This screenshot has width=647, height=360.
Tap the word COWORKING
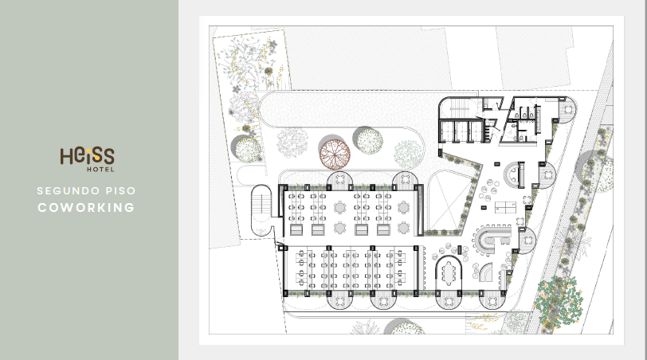[x=86, y=207]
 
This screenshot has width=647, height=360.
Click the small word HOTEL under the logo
[x=100, y=169]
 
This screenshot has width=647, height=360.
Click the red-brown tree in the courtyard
[x=335, y=155]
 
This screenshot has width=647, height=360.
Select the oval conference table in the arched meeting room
[x=449, y=273]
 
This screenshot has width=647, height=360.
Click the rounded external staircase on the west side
[x=261, y=210]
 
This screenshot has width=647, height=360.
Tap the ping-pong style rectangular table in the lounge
[x=505, y=207]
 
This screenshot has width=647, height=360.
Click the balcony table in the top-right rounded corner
[x=568, y=110]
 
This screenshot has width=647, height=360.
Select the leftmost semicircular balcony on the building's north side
[x=339, y=179]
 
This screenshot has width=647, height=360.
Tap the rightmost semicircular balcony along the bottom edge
[x=492, y=300]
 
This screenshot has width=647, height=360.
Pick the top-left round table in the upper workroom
[x=340, y=206]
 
